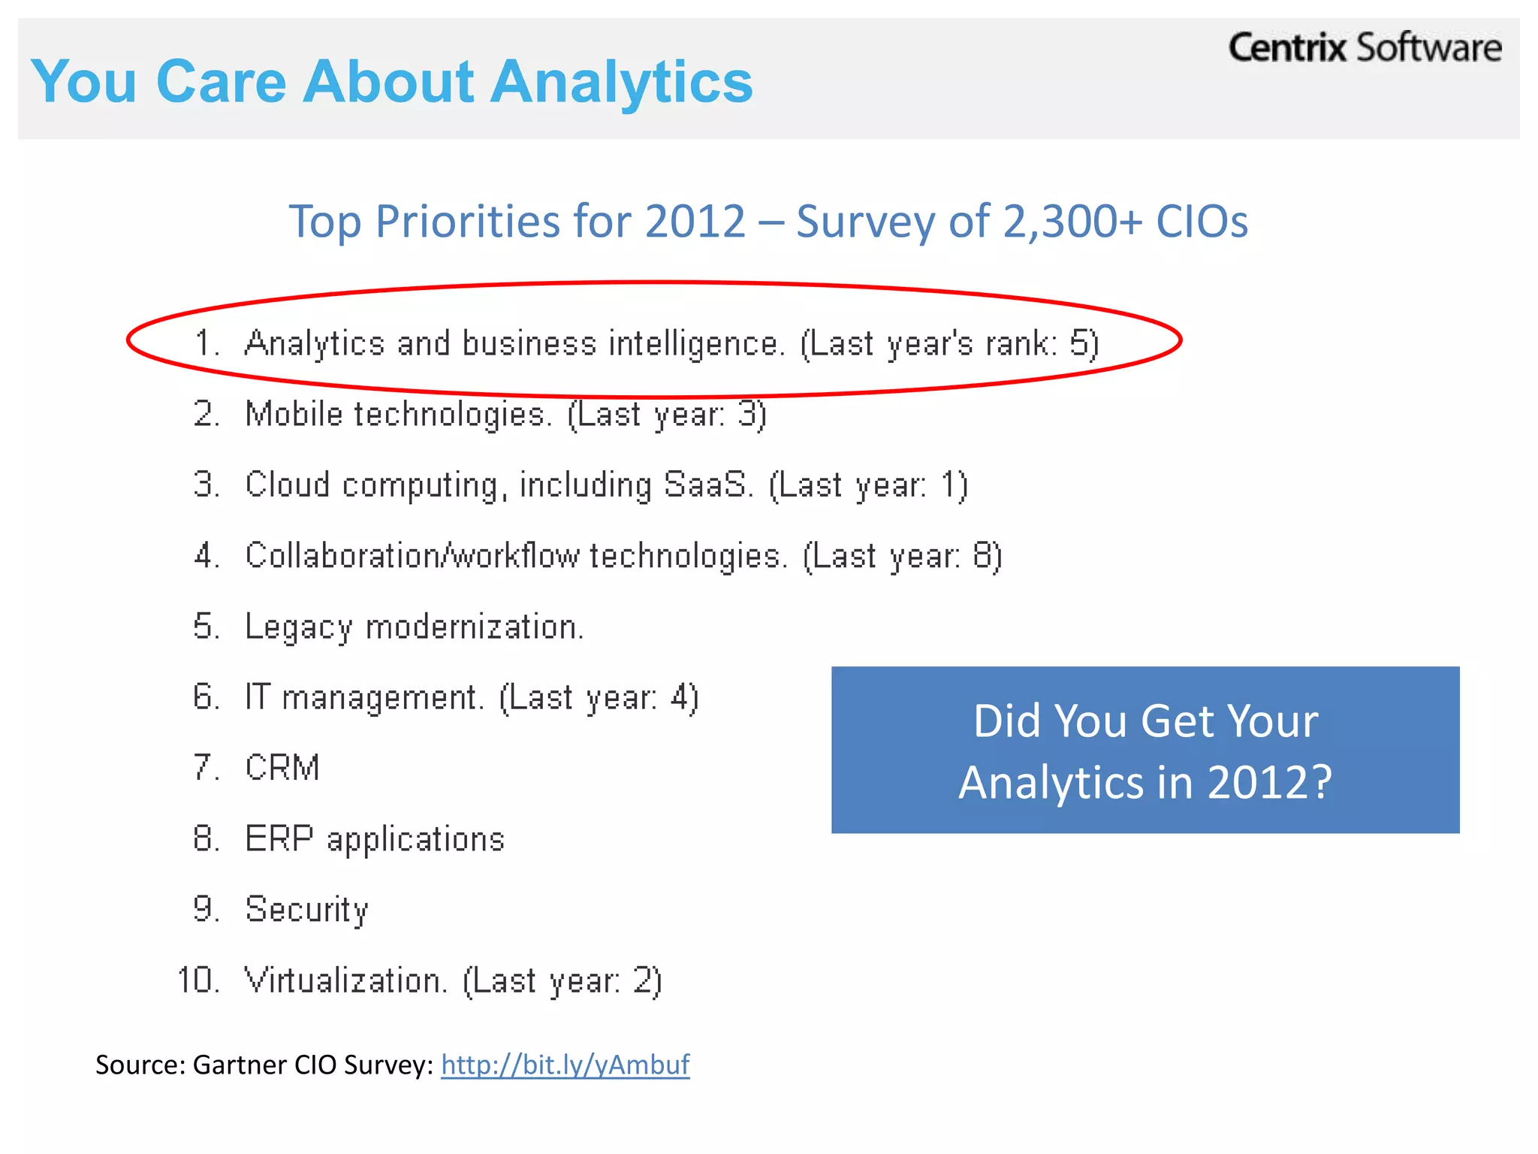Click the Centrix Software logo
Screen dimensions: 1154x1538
1365,48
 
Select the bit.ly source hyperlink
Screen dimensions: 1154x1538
565,1065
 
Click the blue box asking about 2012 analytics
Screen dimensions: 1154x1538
1145,750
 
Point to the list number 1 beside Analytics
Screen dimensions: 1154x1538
203,343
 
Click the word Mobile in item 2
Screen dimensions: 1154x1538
294,414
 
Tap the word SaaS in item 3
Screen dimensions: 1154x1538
706,485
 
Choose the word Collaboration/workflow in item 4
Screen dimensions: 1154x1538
412,556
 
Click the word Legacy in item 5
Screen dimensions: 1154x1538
298,627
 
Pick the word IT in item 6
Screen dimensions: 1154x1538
257,697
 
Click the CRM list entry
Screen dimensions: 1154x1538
282,768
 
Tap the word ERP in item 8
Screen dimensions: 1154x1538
279,838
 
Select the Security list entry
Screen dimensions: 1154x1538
306,910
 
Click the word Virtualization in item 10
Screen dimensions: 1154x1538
345,980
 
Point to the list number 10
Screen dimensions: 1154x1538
197,980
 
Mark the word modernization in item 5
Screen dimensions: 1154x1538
474,627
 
